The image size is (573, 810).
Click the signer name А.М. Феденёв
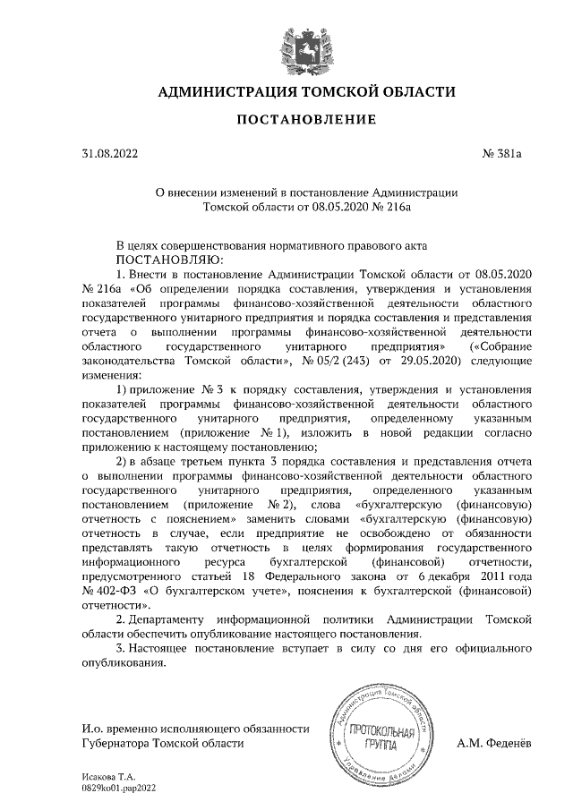[x=496, y=743]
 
